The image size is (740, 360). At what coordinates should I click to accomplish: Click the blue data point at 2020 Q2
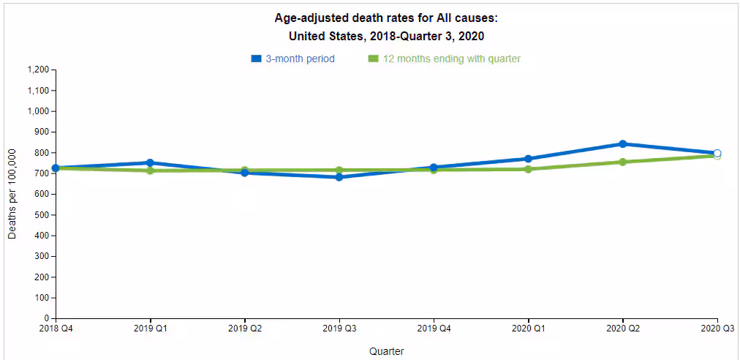[x=622, y=144]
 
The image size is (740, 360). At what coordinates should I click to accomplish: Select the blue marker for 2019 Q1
[x=150, y=163]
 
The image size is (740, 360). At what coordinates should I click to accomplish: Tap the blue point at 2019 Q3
[x=339, y=177]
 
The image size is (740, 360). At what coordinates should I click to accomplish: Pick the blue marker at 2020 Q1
[x=528, y=159]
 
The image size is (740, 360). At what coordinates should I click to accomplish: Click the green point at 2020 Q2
[x=622, y=162]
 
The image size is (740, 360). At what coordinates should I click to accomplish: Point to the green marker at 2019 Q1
[x=150, y=170]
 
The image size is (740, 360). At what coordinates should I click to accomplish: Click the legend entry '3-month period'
[x=300, y=59]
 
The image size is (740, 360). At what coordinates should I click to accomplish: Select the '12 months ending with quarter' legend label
[x=451, y=59]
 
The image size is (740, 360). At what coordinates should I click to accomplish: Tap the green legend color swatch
[x=373, y=59]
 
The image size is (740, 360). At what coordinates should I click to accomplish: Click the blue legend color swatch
[x=256, y=59]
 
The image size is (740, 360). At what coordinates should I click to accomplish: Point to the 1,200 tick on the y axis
[x=37, y=70]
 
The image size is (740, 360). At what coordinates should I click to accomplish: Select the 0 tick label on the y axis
[x=46, y=319]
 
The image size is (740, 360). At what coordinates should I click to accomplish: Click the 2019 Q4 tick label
[x=434, y=329]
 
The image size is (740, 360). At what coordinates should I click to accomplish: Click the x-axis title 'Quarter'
[x=386, y=351]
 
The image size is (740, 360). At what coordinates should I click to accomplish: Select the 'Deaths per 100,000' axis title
[x=12, y=194]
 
